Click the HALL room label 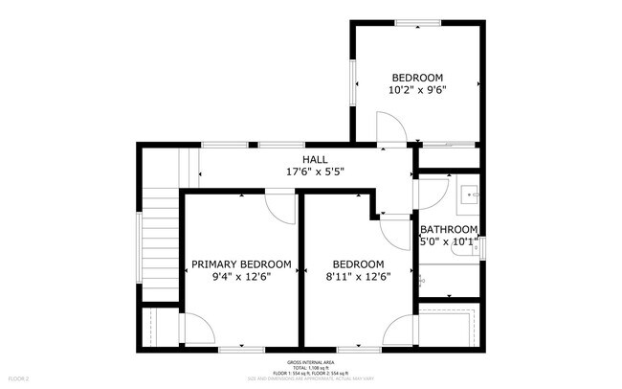point(315,159)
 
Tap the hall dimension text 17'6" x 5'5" point(315,172)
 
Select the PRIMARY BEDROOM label point(241,264)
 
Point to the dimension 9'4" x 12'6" point(241,277)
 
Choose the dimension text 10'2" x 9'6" point(417,90)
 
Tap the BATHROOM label point(449,229)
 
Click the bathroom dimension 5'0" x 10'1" point(449,241)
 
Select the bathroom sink point(470,195)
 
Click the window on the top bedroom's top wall point(418,23)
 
